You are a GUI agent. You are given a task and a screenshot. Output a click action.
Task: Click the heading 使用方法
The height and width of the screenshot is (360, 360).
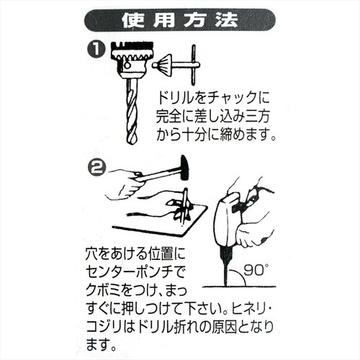coord(180,19)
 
